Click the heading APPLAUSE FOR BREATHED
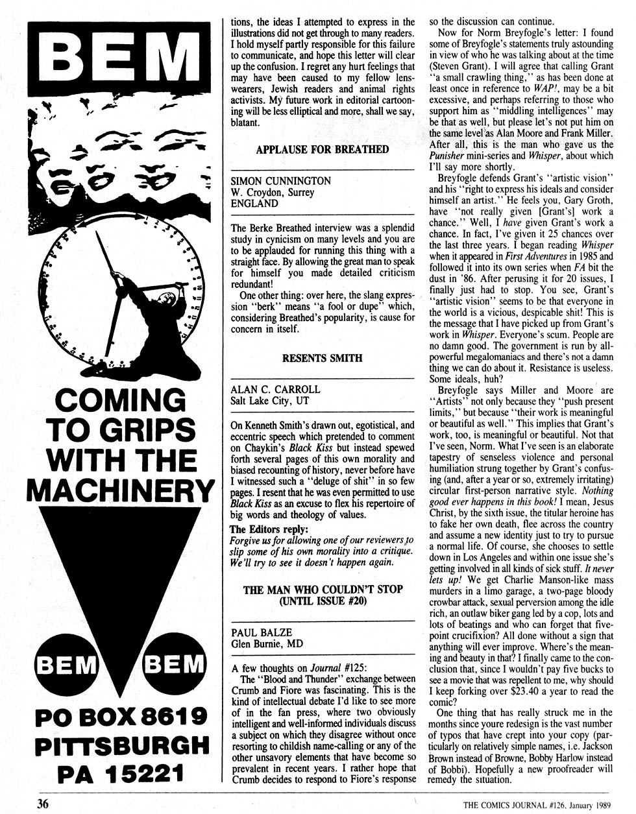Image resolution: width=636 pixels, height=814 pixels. [322, 150]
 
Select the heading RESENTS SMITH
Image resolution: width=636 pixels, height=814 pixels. [322, 357]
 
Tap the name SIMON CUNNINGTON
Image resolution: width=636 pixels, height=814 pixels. [280, 181]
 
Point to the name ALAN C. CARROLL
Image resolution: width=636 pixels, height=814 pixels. [275, 389]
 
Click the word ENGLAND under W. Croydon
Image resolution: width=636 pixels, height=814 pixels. [254, 203]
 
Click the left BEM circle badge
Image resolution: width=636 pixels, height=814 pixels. [64, 665]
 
